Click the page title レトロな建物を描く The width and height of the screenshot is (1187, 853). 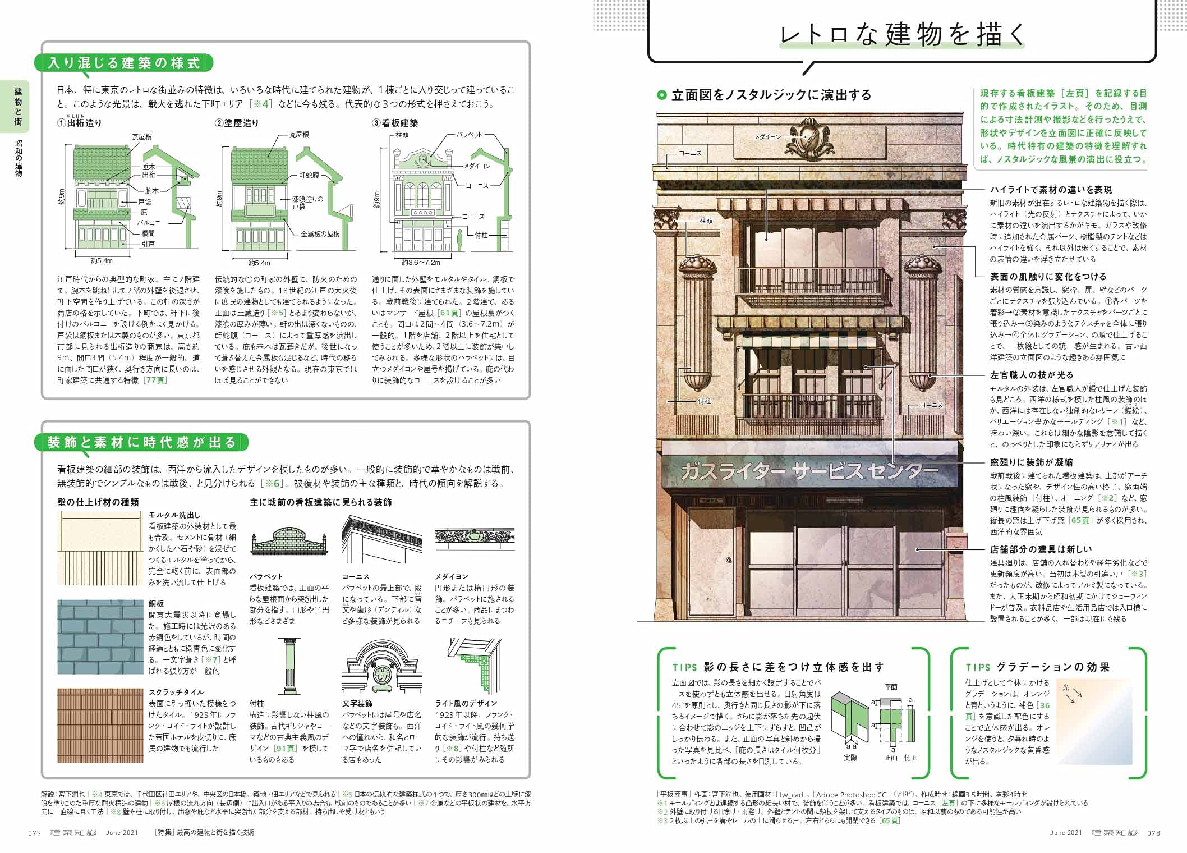point(902,35)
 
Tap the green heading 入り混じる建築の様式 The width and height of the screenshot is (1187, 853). point(124,63)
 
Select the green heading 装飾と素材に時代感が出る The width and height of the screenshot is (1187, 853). point(141,443)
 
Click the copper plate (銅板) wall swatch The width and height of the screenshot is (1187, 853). point(100,636)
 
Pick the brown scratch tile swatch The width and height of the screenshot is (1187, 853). point(100,725)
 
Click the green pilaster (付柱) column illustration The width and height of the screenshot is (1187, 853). point(289,666)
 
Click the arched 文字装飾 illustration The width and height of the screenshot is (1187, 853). point(381,668)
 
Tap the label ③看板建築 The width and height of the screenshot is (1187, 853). point(395,123)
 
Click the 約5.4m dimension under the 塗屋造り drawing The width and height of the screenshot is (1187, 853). point(259,263)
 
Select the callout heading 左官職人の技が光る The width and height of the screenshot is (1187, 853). point(1031,375)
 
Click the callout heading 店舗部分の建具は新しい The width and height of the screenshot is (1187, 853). point(1041,549)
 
